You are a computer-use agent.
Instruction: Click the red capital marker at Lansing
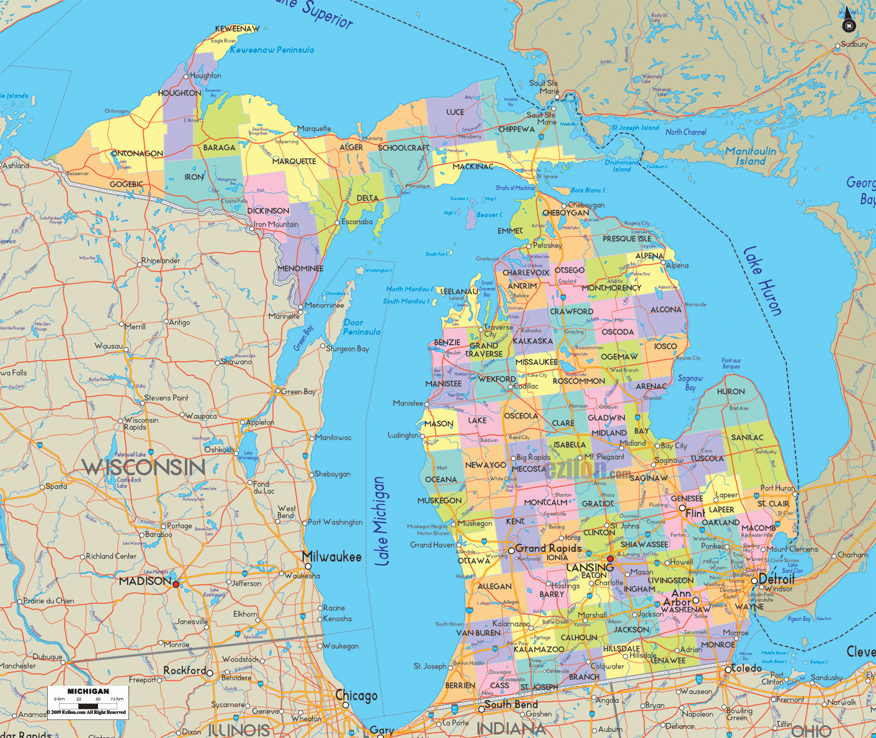click(x=610, y=559)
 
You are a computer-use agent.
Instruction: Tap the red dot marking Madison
click(x=176, y=584)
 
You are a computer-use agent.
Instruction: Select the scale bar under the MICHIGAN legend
click(x=88, y=705)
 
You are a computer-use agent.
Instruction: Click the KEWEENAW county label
click(x=237, y=29)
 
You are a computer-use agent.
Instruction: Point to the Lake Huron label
click(x=762, y=281)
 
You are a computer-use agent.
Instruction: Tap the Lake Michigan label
click(x=383, y=521)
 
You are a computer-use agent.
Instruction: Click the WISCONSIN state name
click(x=143, y=467)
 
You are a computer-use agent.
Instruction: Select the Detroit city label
click(x=777, y=578)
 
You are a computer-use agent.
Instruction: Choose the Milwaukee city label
click(x=332, y=557)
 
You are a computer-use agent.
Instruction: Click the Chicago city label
click(x=356, y=696)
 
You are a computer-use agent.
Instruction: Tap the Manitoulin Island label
click(x=750, y=156)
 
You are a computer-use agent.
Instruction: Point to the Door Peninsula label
click(x=362, y=327)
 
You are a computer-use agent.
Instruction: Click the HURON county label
click(x=731, y=392)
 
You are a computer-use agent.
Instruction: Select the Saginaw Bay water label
click(x=690, y=382)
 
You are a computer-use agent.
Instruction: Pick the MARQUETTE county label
click(x=294, y=161)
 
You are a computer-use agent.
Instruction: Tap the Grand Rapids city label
click(x=548, y=548)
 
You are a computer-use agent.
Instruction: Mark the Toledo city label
click(x=746, y=668)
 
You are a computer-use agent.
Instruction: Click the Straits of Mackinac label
click(x=516, y=187)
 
